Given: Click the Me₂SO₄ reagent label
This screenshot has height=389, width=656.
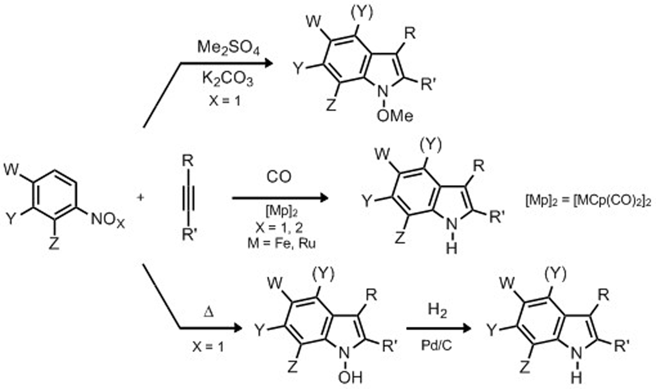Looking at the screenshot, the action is (x=228, y=48).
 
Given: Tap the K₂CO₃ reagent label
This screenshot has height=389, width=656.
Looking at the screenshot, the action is (x=227, y=79).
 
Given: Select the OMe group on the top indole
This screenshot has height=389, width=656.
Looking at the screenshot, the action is (x=395, y=116).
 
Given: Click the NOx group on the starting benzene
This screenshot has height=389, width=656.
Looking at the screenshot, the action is (x=107, y=221).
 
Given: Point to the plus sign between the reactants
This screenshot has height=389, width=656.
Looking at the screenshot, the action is (x=140, y=197).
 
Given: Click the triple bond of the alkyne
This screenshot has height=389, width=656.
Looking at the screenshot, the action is (x=187, y=197).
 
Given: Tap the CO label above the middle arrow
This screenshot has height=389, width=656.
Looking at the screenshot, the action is (x=279, y=177).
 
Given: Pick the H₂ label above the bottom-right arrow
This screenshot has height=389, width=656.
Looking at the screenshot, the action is (x=437, y=310).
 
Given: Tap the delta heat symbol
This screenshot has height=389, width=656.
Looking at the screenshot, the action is (x=208, y=313).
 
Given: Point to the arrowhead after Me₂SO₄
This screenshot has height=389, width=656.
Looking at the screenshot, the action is (x=268, y=63).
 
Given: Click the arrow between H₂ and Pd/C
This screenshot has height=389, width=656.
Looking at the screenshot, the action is (x=438, y=328).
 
